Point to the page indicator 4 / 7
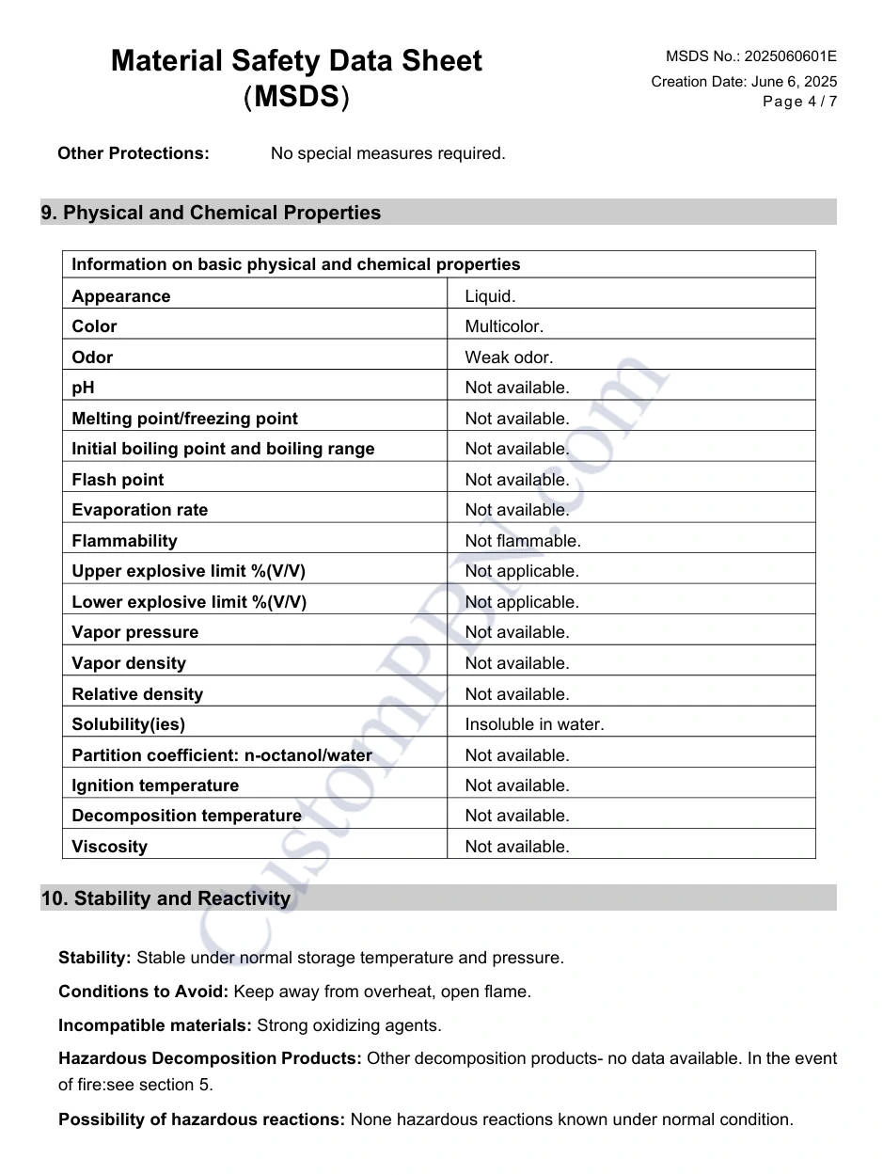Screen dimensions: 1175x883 click(x=822, y=102)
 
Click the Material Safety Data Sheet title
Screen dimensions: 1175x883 click(x=296, y=61)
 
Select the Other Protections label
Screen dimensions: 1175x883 click(x=134, y=153)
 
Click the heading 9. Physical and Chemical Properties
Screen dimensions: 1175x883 click(x=211, y=213)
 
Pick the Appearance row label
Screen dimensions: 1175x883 click(x=121, y=296)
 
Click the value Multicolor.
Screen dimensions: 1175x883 click(x=504, y=326)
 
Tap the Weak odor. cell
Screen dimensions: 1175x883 click(x=509, y=357)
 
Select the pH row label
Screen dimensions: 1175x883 click(x=83, y=388)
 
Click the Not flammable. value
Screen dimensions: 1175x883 click(x=523, y=541)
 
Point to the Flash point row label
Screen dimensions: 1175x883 click(x=118, y=480)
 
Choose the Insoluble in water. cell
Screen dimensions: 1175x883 click(x=534, y=724)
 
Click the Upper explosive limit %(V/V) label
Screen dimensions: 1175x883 click(x=188, y=571)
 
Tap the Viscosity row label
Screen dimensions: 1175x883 click(x=109, y=847)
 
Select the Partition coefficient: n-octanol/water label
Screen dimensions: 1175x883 click(x=222, y=755)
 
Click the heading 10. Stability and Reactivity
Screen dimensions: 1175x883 click(x=166, y=898)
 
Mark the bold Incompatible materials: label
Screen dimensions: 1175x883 click(x=155, y=1025)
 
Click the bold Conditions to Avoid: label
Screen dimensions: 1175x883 click(x=143, y=992)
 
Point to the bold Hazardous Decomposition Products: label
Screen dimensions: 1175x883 click(x=210, y=1058)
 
